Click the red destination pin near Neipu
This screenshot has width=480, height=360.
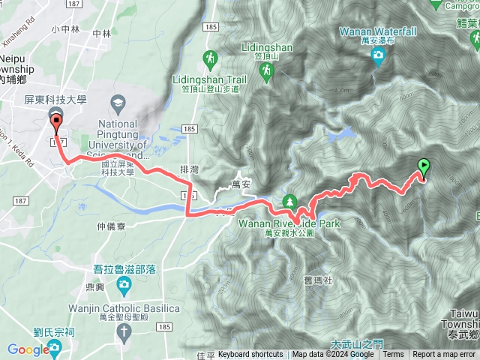click(x=57, y=121)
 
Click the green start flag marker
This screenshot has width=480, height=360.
click(x=423, y=169)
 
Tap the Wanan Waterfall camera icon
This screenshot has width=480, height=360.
click(x=378, y=54)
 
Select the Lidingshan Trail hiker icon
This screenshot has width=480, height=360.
click(x=211, y=57)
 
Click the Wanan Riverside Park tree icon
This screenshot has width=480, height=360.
click(x=289, y=201)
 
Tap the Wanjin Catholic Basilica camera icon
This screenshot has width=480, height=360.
click(x=123, y=283)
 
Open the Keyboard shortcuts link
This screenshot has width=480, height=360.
click(x=250, y=355)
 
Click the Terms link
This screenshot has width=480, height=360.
click(x=393, y=355)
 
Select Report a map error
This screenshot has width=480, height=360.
click(x=444, y=355)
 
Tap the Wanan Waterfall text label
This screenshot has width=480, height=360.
click(x=378, y=32)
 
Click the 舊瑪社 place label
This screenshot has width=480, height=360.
click(x=307, y=259)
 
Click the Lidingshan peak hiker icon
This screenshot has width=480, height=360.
click(x=265, y=70)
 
